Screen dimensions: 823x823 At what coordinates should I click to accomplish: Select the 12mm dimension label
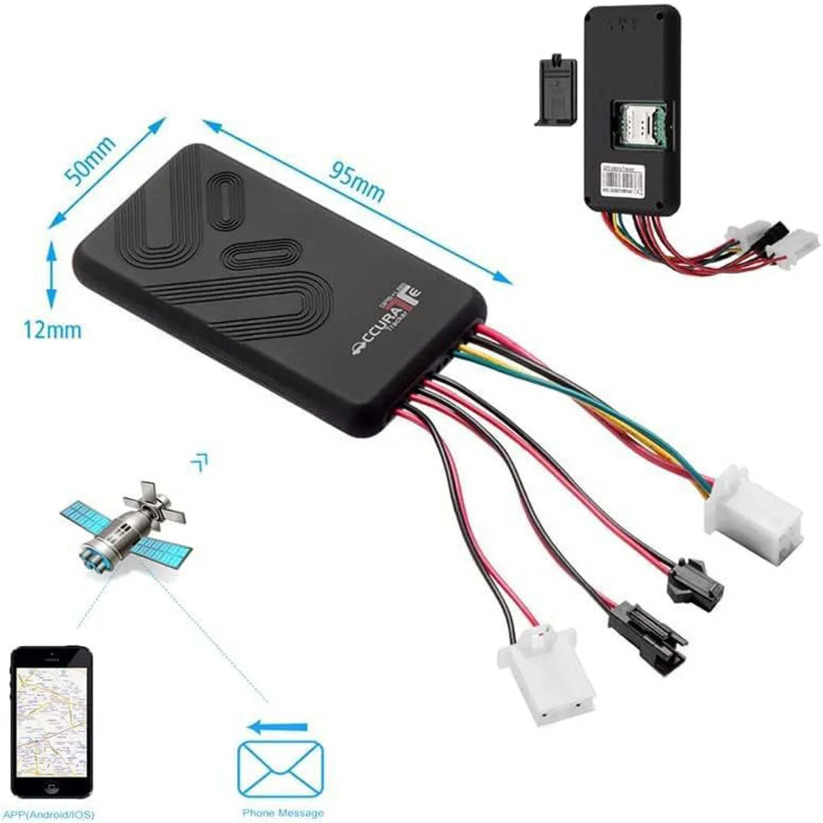click(52, 330)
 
